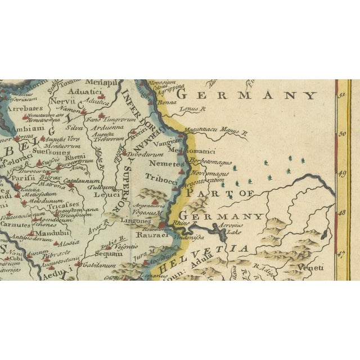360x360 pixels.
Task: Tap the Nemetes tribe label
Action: click(167, 164)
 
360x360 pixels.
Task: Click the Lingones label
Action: click(132, 220)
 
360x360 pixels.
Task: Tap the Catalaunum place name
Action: click(82, 182)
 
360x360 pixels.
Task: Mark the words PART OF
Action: click(217, 194)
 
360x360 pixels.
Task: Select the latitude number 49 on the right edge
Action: click(341, 173)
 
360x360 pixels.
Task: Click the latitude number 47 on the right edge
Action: click(341, 254)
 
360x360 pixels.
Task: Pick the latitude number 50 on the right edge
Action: click(341, 133)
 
